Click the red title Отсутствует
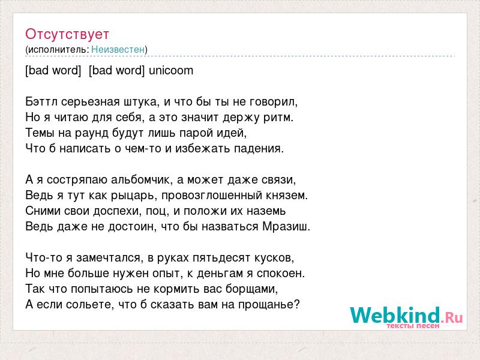(67, 34)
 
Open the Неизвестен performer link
(118, 49)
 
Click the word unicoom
(171, 70)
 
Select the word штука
(142, 102)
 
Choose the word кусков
(274, 258)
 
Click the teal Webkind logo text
(395, 315)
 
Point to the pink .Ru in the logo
(452, 318)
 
